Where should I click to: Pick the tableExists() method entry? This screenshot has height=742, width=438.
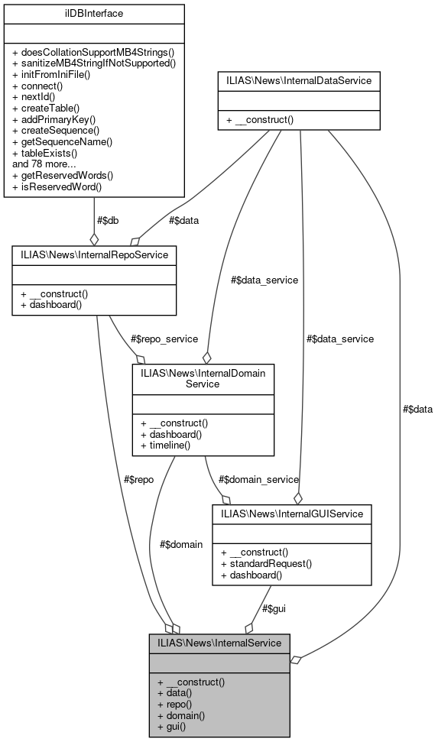pos(45,152)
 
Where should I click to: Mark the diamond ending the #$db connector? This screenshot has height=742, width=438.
pos(94,238)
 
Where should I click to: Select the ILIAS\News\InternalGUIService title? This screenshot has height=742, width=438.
pos(291,513)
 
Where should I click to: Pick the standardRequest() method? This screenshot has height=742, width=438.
pos(266,563)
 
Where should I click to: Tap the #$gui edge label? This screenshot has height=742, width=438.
pos(275,608)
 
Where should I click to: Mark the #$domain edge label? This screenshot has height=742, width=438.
pos(181,544)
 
